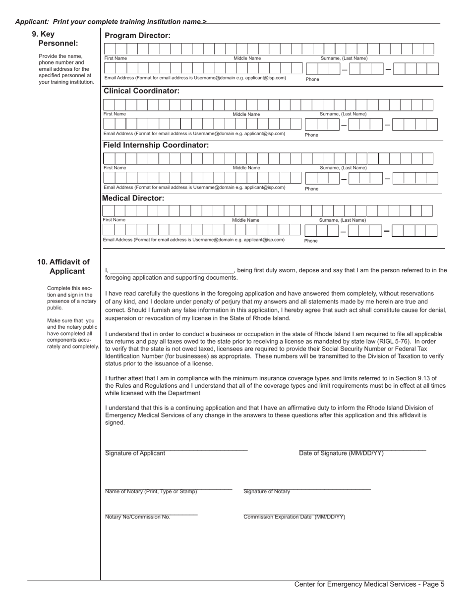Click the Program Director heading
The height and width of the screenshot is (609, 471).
137,36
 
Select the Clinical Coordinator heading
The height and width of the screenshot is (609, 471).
141,91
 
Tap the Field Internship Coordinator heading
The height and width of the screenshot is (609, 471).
156,145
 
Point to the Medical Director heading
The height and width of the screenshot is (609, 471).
133,198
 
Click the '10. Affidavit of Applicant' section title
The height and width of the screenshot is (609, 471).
63,266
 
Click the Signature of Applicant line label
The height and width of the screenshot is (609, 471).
135,453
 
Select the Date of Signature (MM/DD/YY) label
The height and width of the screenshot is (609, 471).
341,453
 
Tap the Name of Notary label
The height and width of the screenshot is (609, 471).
151,492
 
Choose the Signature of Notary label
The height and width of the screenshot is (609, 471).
267,492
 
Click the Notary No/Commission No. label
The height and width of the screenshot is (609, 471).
137,517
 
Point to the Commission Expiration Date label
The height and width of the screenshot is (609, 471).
294,517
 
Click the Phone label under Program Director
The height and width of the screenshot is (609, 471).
312,79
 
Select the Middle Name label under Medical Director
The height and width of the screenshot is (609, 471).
245,220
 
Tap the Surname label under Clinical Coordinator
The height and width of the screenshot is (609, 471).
343,114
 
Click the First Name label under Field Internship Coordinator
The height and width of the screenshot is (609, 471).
115,168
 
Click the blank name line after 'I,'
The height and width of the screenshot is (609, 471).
171,271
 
